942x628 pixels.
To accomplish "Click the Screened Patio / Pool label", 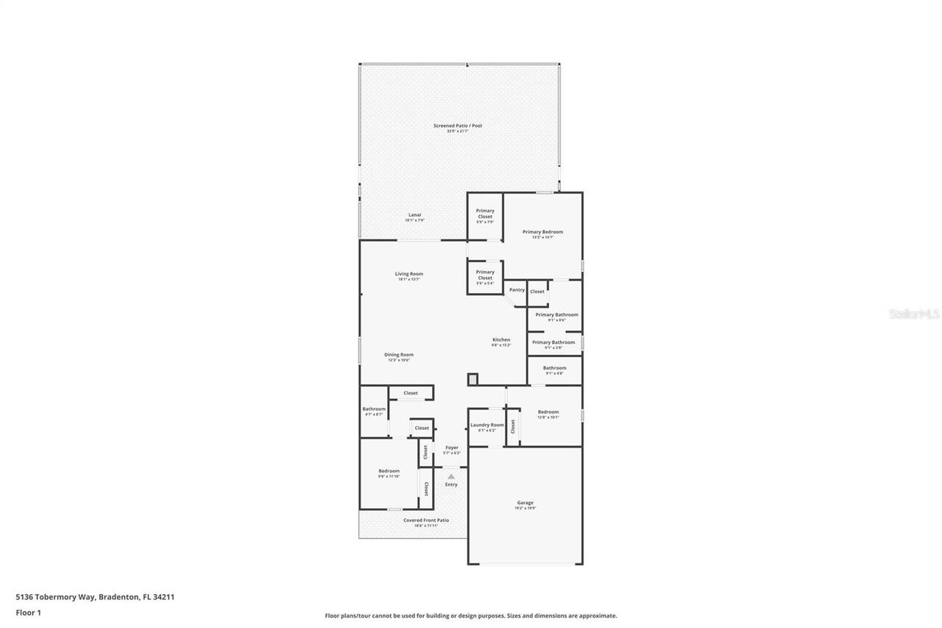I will click(x=457, y=126).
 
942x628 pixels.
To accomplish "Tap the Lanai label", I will click(x=414, y=215).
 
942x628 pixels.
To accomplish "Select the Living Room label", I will click(x=409, y=274).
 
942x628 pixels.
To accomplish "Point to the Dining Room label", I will click(x=398, y=355).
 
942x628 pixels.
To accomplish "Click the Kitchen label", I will click(x=501, y=340).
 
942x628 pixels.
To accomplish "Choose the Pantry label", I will click(x=517, y=290).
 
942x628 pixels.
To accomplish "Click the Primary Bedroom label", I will click(x=542, y=232).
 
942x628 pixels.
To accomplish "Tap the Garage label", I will click(x=525, y=503).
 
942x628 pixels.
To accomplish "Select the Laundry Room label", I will click(x=486, y=425).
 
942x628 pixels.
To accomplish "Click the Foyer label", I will click(x=451, y=448).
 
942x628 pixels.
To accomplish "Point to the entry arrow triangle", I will click(x=451, y=476).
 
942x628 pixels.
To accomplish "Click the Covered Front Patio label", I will click(x=425, y=521).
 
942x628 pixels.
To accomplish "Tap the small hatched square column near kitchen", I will click(x=472, y=379).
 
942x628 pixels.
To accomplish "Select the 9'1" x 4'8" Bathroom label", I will click(x=554, y=368).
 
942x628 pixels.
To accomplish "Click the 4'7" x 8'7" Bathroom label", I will click(x=374, y=409).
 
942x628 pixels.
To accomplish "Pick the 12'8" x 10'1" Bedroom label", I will click(x=548, y=412).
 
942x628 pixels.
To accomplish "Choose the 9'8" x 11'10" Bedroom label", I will click(x=389, y=471).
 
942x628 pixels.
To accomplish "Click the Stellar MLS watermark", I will click(x=914, y=314).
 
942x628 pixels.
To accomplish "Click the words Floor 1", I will click(x=28, y=613).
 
